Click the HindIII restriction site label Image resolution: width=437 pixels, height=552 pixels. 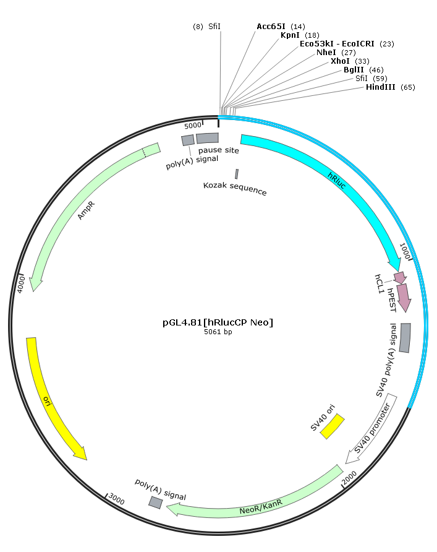(x=390, y=87)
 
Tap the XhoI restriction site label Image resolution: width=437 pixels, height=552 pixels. (x=350, y=61)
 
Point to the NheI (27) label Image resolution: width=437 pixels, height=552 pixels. (x=336, y=53)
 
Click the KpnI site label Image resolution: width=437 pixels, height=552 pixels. (x=300, y=35)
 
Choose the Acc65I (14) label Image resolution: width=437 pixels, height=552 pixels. (x=281, y=27)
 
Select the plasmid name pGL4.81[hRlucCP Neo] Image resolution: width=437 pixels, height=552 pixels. (x=218, y=322)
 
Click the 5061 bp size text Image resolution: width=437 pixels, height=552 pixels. (x=218, y=332)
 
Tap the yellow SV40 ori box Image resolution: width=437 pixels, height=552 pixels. (x=333, y=426)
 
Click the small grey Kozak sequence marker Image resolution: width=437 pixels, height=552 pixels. (x=237, y=174)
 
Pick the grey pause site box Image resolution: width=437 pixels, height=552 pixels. (x=208, y=138)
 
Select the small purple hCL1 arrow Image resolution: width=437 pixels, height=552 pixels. (x=400, y=278)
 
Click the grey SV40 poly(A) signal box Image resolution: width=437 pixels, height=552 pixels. (x=405, y=338)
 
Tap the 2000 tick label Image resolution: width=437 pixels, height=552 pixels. (x=349, y=478)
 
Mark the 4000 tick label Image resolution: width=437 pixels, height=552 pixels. (x=21, y=285)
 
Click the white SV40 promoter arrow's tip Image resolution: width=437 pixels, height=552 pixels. (x=346, y=463)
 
